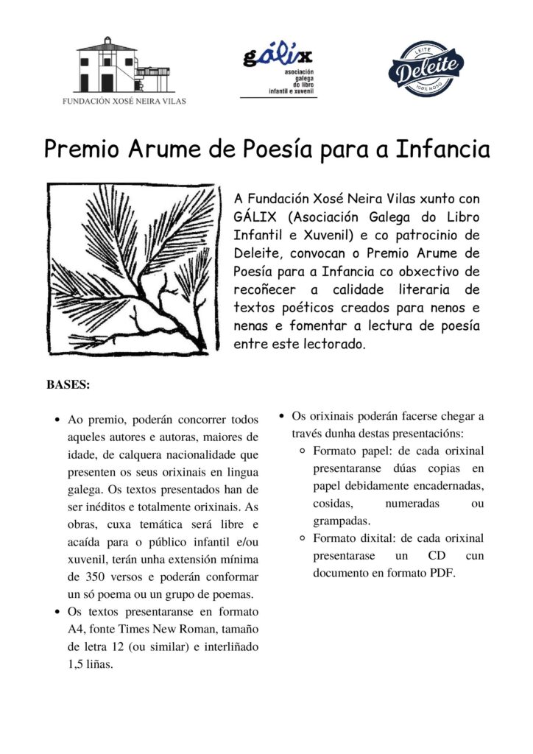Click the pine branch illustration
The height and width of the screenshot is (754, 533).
click(x=133, y=266)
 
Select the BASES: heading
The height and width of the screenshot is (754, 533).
click(x=68, y=384)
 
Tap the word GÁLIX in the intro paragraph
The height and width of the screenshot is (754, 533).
click(x=256, y=216)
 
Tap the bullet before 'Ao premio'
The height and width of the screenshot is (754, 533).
click(x=57, y=420)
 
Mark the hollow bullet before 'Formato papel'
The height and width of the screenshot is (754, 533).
click(x=303, y=451)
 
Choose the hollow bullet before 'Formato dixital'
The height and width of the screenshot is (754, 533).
click(x=303, y=538)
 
